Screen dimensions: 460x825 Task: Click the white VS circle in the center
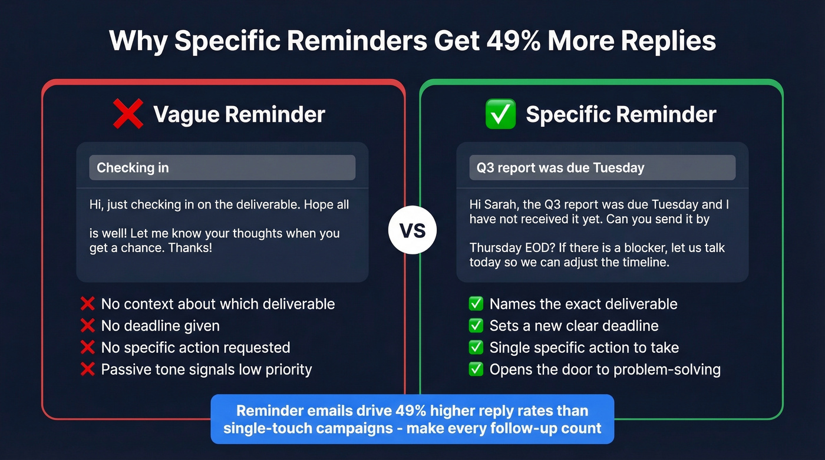[x=412, y=230]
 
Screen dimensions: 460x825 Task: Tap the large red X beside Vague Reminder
[x=128, y=114]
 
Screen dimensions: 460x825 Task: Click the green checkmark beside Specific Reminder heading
[x=500, y=114]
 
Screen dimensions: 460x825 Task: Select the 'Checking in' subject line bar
[x=222, y=168]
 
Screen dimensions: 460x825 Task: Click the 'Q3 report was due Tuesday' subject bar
[x=596, y=168]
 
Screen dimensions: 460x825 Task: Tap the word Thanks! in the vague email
[x=190, y=248]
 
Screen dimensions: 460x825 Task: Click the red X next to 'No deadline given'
[x=87, y=326]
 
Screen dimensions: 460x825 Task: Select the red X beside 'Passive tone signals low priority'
[x=87, y=369]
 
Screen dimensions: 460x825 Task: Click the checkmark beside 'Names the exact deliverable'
[x=476, y=304]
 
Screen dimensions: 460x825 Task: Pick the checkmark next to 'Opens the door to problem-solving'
[x=476, y=369]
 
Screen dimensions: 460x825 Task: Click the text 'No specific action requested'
[x=196, y=348]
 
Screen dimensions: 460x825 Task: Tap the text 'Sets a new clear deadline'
[x=574, y=326]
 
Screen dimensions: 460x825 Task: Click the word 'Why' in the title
[x=138, y=41]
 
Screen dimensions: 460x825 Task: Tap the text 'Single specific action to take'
[x=584, y=348]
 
